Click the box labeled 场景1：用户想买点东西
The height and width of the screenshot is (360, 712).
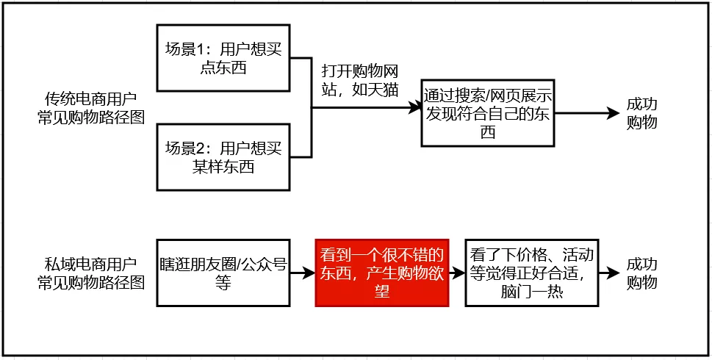(x=223, y=58)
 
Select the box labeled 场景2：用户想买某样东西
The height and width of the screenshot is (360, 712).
(x=223, y=157)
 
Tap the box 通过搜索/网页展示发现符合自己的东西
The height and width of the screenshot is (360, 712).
(x=488, y=113)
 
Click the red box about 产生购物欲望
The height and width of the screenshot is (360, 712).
(x=382, y=273)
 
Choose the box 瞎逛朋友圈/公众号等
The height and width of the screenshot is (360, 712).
(x=223, y=273)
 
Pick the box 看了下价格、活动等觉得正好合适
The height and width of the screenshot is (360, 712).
(x=532, y=273)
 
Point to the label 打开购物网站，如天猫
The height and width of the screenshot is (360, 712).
(x=360, y=81)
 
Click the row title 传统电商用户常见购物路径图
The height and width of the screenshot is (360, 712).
(x=91, y=108)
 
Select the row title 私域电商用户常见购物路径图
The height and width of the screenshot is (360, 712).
(x=91, y=273)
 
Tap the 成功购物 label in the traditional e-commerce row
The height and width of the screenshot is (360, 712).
(x=641, y=113)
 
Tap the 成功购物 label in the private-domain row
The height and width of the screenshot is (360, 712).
(x=641, y=273)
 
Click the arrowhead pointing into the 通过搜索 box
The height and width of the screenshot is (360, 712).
(x=415, y=107)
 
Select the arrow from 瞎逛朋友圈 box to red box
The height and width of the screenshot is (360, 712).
(x=303, y=273)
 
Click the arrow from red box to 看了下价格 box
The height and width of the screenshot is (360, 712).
(x=457, y=273)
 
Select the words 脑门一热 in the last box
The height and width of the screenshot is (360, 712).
(x=531, y=292)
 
